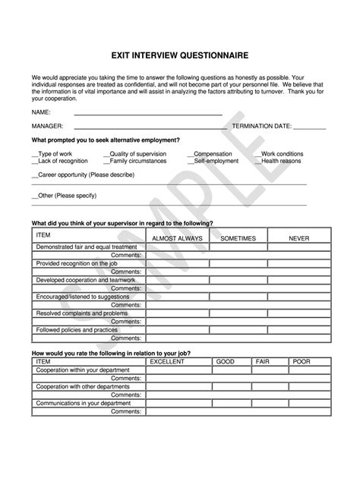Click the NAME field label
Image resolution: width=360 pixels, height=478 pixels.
[x=41, y=112]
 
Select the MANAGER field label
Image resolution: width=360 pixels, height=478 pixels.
[x=47, y=126]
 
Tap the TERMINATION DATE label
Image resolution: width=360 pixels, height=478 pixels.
[x=261, y=126]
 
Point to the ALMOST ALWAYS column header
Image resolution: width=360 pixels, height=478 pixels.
[x=178, y=238]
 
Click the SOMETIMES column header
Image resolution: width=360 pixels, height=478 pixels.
[x=238, y=238]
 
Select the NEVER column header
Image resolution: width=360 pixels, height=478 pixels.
[x=298, y=238]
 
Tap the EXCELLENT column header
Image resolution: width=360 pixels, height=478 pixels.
[x=166, y=362]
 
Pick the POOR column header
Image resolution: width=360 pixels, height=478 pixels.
[x=301, y=362]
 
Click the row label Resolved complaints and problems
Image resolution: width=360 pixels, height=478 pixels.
[x=82, y=313]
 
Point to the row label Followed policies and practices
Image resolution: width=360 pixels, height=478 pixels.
[x=77, y=329]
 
